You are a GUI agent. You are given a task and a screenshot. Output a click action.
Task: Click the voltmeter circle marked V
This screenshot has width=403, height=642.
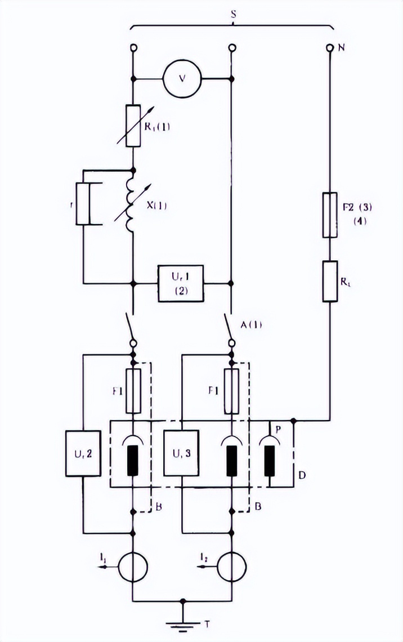[x=182, y=78]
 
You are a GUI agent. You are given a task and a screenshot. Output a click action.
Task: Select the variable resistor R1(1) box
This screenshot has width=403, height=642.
[x=133, y=125]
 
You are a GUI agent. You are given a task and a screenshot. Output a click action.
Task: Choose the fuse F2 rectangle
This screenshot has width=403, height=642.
[x=329, y=215]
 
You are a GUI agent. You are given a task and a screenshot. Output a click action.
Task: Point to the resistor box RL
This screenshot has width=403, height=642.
[x=329, y=281]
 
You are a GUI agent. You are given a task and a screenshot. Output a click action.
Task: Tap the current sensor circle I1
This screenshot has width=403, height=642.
[x=133, y=563]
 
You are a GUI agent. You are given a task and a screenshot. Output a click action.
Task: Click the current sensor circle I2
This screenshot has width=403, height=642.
[x=231, y=563]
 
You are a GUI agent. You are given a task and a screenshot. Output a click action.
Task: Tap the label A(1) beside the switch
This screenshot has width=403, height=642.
[x=253, y=324]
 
